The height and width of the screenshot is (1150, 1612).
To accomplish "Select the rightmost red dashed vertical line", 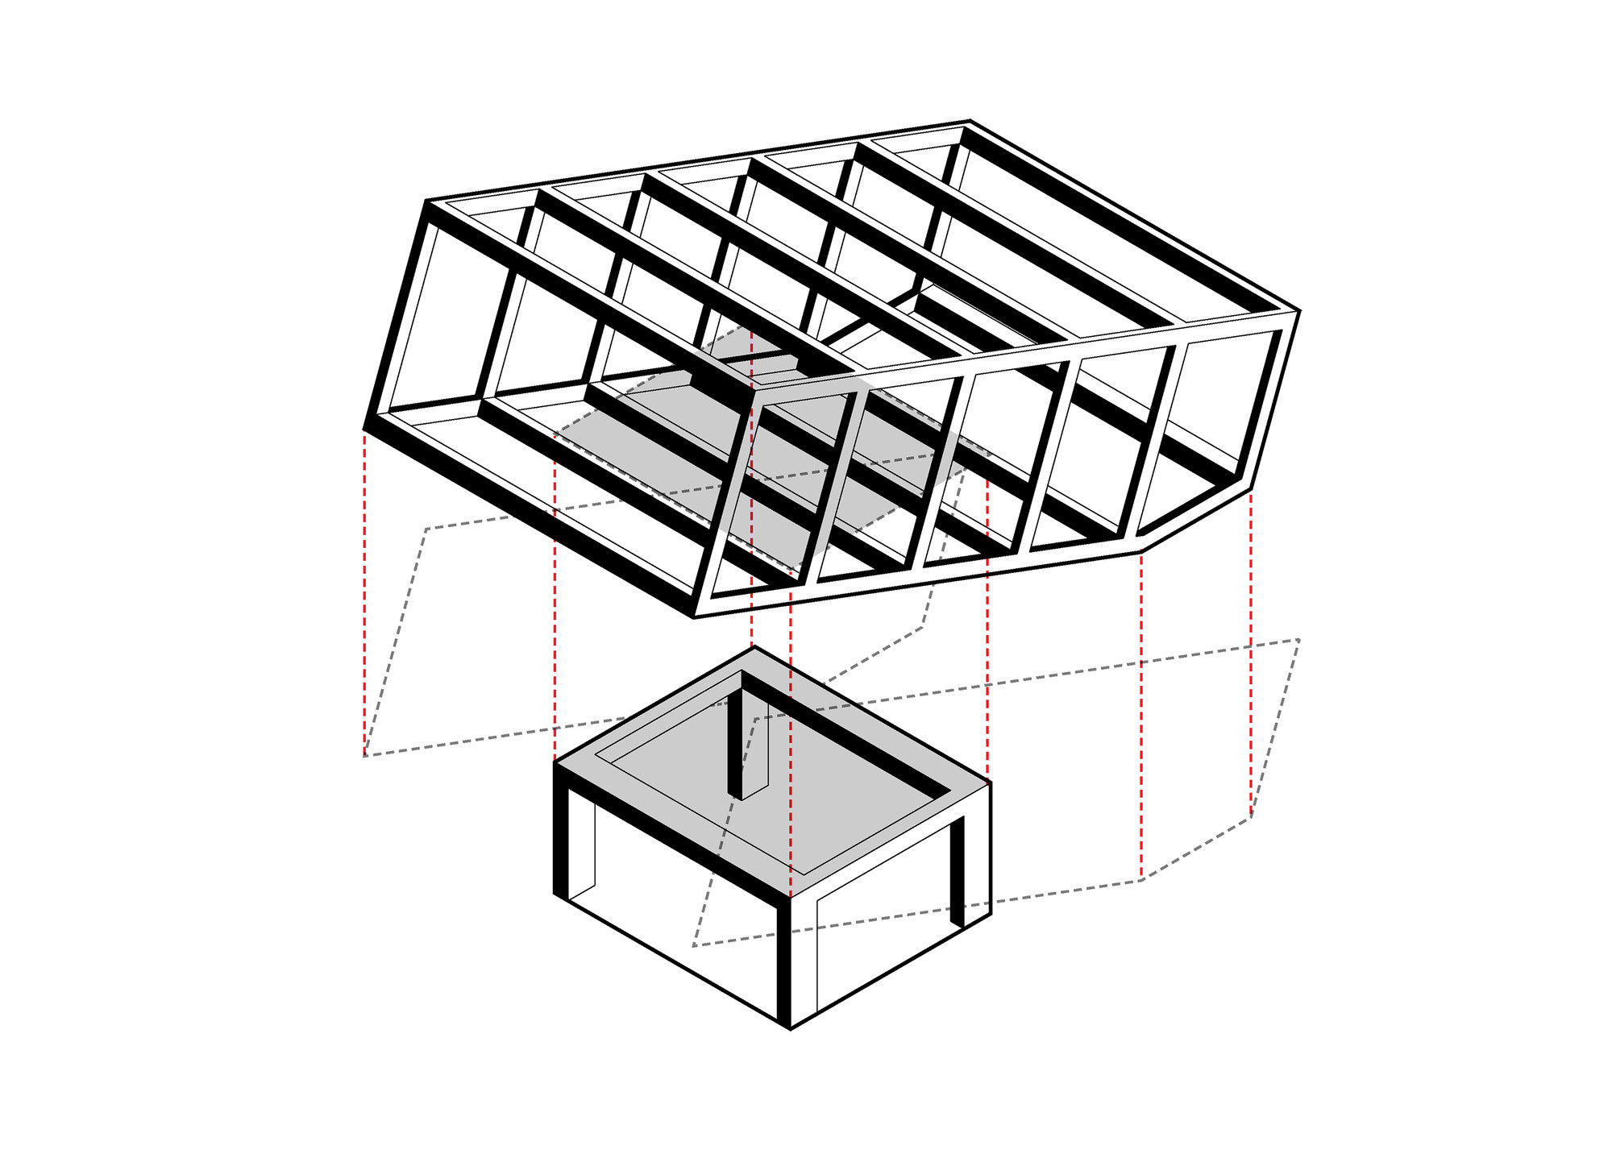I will [1251, 653].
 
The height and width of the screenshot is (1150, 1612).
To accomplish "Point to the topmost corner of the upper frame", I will [970, 121].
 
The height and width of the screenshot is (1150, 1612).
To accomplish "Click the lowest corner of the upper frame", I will [695, 617].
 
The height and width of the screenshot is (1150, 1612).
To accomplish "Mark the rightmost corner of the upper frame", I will [1298, 310].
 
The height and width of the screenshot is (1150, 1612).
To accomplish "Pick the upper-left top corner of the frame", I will [426, 201].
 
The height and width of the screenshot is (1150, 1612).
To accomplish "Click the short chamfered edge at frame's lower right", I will [1196, 520].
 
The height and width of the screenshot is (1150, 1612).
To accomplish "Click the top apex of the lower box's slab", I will [754, 647].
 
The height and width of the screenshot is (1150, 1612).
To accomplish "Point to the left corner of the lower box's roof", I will [555, 762].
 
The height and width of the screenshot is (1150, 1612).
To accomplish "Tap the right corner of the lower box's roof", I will [990, 783].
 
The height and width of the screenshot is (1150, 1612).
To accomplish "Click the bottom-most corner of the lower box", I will [790, 1029].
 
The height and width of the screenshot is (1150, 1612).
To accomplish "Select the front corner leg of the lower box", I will [783, 959].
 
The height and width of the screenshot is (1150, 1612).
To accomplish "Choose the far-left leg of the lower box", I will [561, 838].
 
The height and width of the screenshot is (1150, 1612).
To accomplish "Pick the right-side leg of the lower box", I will [958, 870].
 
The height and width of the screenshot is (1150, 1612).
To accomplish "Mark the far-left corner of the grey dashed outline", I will [364, 756].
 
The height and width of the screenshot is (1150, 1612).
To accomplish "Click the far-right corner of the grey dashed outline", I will [1298, 640].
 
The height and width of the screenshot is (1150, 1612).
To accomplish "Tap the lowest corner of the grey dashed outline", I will [694, 945].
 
